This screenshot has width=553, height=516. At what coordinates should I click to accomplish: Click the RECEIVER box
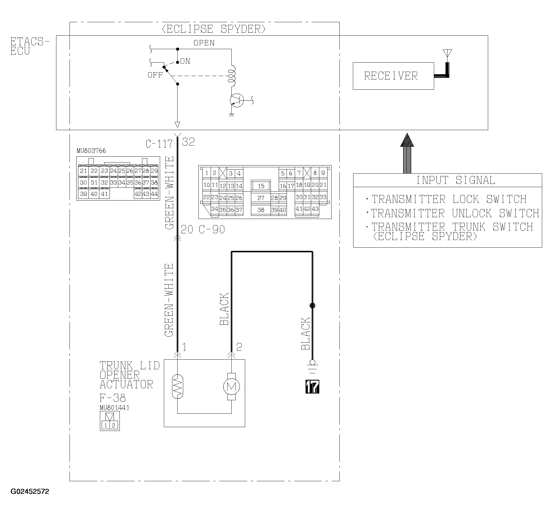(393, 76)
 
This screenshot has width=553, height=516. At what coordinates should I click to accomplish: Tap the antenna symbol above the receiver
(447, 53)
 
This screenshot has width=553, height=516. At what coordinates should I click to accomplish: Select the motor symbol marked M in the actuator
(231, 387)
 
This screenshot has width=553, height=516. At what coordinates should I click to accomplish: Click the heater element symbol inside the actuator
(177, 386)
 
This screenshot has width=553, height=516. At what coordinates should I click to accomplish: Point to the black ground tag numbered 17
(312, 386)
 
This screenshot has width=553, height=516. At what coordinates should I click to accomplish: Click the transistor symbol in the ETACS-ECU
(237, 101)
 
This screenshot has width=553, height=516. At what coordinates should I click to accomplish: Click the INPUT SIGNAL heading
(455, 180)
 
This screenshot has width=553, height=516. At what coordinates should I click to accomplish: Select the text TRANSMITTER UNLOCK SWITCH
(455, 213)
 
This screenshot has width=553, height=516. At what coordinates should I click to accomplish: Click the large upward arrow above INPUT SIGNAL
(407, 153)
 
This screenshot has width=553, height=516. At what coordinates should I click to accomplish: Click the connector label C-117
(159, 144)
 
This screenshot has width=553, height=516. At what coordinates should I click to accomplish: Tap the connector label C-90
(212, 229)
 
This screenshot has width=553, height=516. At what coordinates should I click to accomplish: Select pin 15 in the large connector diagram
(261, 186)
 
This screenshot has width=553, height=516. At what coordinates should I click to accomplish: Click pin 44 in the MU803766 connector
(154, 194)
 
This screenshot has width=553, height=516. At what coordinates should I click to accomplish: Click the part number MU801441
(115, 408)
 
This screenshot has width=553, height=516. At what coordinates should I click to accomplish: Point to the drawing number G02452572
(30, 499)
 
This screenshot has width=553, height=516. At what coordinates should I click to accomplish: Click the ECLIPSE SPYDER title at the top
(214, 29)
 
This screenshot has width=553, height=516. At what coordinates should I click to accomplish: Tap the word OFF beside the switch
(155, 75)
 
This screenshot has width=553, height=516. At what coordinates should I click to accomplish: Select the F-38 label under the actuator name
(112, 398)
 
